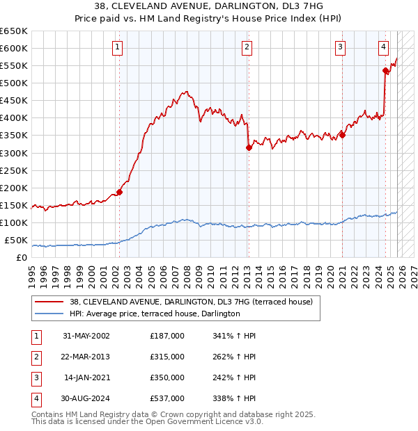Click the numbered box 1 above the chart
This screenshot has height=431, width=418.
pos(117,47)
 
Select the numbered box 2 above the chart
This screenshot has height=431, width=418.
pos(247,47)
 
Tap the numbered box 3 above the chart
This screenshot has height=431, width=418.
pos(340,47)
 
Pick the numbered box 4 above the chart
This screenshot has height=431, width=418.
pos(384,47)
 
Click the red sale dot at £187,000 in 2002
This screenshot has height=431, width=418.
pos(119,192)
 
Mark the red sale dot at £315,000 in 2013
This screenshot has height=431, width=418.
pos(249,147)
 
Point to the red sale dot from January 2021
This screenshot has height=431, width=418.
pos(342,135)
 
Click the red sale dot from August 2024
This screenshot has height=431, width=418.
pos(385,70)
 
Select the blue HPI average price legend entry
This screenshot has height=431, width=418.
pos(155,314)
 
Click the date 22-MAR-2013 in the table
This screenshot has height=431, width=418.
pos(86,357)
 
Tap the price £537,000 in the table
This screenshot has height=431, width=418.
pos(167,399)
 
